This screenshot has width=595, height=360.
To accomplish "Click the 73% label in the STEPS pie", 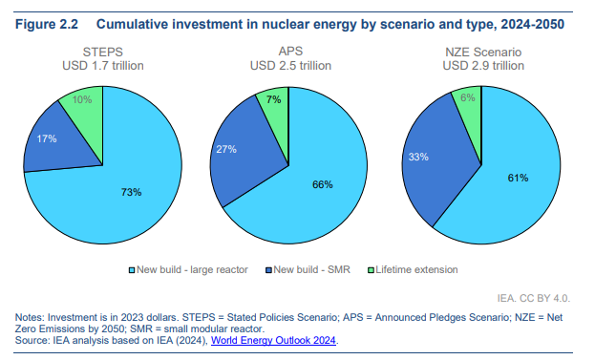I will coord(131,192).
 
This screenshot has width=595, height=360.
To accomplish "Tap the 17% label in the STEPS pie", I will coord(47,139).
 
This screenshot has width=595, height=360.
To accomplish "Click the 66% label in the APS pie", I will coord(322,184).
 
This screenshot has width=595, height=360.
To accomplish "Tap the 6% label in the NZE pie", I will coord(468,97).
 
